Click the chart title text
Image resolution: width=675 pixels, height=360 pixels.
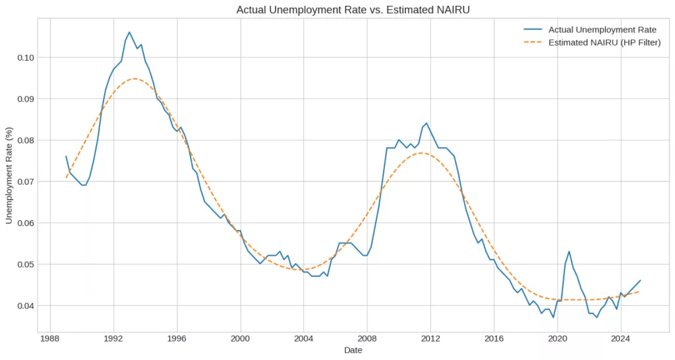tap(355, 9)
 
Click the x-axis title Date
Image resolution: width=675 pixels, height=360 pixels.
tap(353, 350)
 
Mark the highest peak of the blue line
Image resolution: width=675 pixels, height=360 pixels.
tap(129, 32)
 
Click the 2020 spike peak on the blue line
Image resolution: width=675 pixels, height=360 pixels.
tap(569, 251)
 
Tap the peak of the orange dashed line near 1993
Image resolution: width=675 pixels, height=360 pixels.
tap(134, 78)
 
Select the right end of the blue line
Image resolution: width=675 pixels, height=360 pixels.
tap(640, 280)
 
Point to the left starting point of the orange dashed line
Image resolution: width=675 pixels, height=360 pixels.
tap(66, 178)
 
